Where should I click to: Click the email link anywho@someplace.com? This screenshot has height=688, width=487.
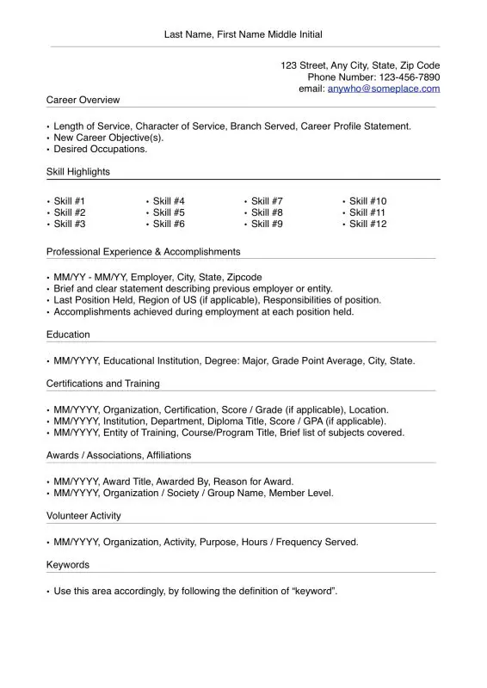tap(383, 88)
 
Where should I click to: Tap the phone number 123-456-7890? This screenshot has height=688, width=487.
tap(404, 77)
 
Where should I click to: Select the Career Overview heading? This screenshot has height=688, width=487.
tap(83, 100)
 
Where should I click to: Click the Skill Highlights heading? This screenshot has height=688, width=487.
tap(77, 172)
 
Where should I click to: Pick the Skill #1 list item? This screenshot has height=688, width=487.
tap(70, 201)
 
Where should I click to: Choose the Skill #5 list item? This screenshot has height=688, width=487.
tap(169, 212)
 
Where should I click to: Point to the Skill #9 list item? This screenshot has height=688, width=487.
tap(267, 224)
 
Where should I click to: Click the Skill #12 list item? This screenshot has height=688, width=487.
tap(367, 224)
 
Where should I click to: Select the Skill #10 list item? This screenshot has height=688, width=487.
tap(367, 201)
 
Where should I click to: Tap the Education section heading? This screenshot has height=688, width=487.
tap(67, 335)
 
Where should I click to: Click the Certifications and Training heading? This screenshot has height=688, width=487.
tap(102, 384)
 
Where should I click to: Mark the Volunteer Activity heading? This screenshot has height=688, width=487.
tap(83, 516)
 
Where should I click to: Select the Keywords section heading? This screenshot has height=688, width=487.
tap(67, 565)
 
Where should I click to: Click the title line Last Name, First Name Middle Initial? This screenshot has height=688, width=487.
tap(243, 35)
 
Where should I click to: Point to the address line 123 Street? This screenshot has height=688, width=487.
tap(361, 65)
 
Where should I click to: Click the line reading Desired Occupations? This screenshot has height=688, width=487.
tap(100, 149)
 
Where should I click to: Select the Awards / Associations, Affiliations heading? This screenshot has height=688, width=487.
tap(119, 455)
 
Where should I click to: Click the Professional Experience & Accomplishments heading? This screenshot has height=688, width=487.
tap(143, 252)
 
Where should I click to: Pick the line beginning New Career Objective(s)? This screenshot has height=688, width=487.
tap(108, 138)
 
